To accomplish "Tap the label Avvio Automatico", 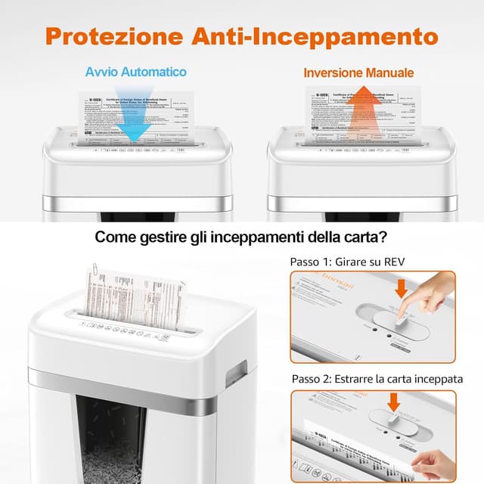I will tap(135, 73).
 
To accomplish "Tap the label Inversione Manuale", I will tap(358, 73).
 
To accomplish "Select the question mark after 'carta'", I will tap(384, 237).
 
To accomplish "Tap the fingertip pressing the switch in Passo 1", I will tap(405, 311).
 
